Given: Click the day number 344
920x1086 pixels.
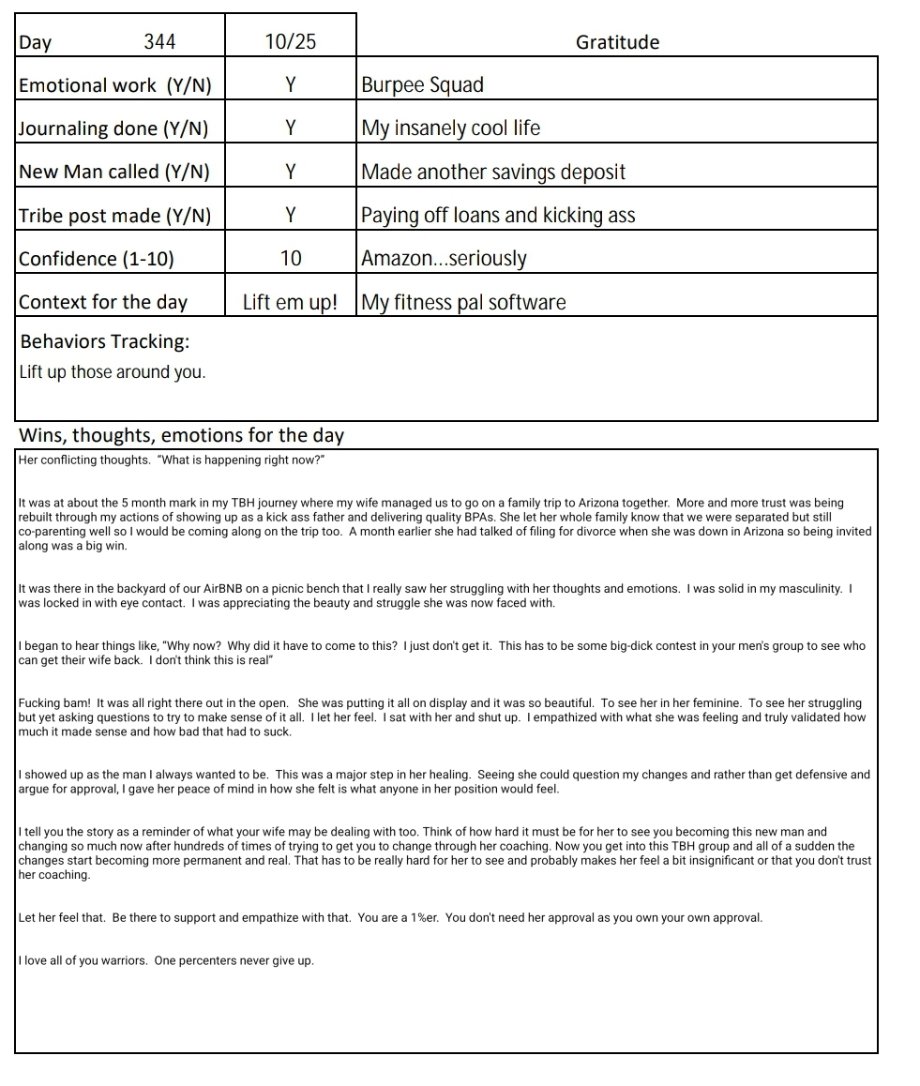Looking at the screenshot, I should pyautogui.click(x=159, y=41).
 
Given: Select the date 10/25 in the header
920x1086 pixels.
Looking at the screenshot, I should pyautogui.click(x=291, y=41).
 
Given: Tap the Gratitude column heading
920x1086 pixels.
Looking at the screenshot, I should pyautogui.click(x=617, y=42).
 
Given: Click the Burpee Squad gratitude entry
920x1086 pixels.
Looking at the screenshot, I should pyautogui.click(x=422, y=85).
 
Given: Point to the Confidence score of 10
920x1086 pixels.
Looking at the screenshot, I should pyautogui.click(x=291, y=258).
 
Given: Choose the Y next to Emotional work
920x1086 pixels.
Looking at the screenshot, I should pyautogui.click(x=291, y=85).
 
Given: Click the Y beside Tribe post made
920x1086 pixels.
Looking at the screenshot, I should pyautogui.click(x=291, y=215).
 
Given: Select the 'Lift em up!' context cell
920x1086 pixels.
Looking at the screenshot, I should pyautogui.click(x=290, y=302).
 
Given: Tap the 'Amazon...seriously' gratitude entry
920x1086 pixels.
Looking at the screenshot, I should pyautogui.click(x=444, y=258).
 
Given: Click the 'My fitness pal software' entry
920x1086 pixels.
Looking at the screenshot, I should pyautogui.click(x=463, y=302).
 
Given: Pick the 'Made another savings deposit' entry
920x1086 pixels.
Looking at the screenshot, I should pyautogui.click(x=492, y=172).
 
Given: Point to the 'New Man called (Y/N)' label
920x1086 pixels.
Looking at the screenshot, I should pyautogui.click(x=114, y=172).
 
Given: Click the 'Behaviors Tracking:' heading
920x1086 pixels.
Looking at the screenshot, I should pyautogui.click(x=105, y=340).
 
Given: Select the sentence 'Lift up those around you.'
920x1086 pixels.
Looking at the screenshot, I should pyautogui.click(x=112, y=372).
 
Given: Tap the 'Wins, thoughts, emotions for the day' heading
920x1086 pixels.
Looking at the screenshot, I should pyautogui.click(x=182, y=435).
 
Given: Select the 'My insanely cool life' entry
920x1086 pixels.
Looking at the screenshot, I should pyautogui.click(x=450, y=128).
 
